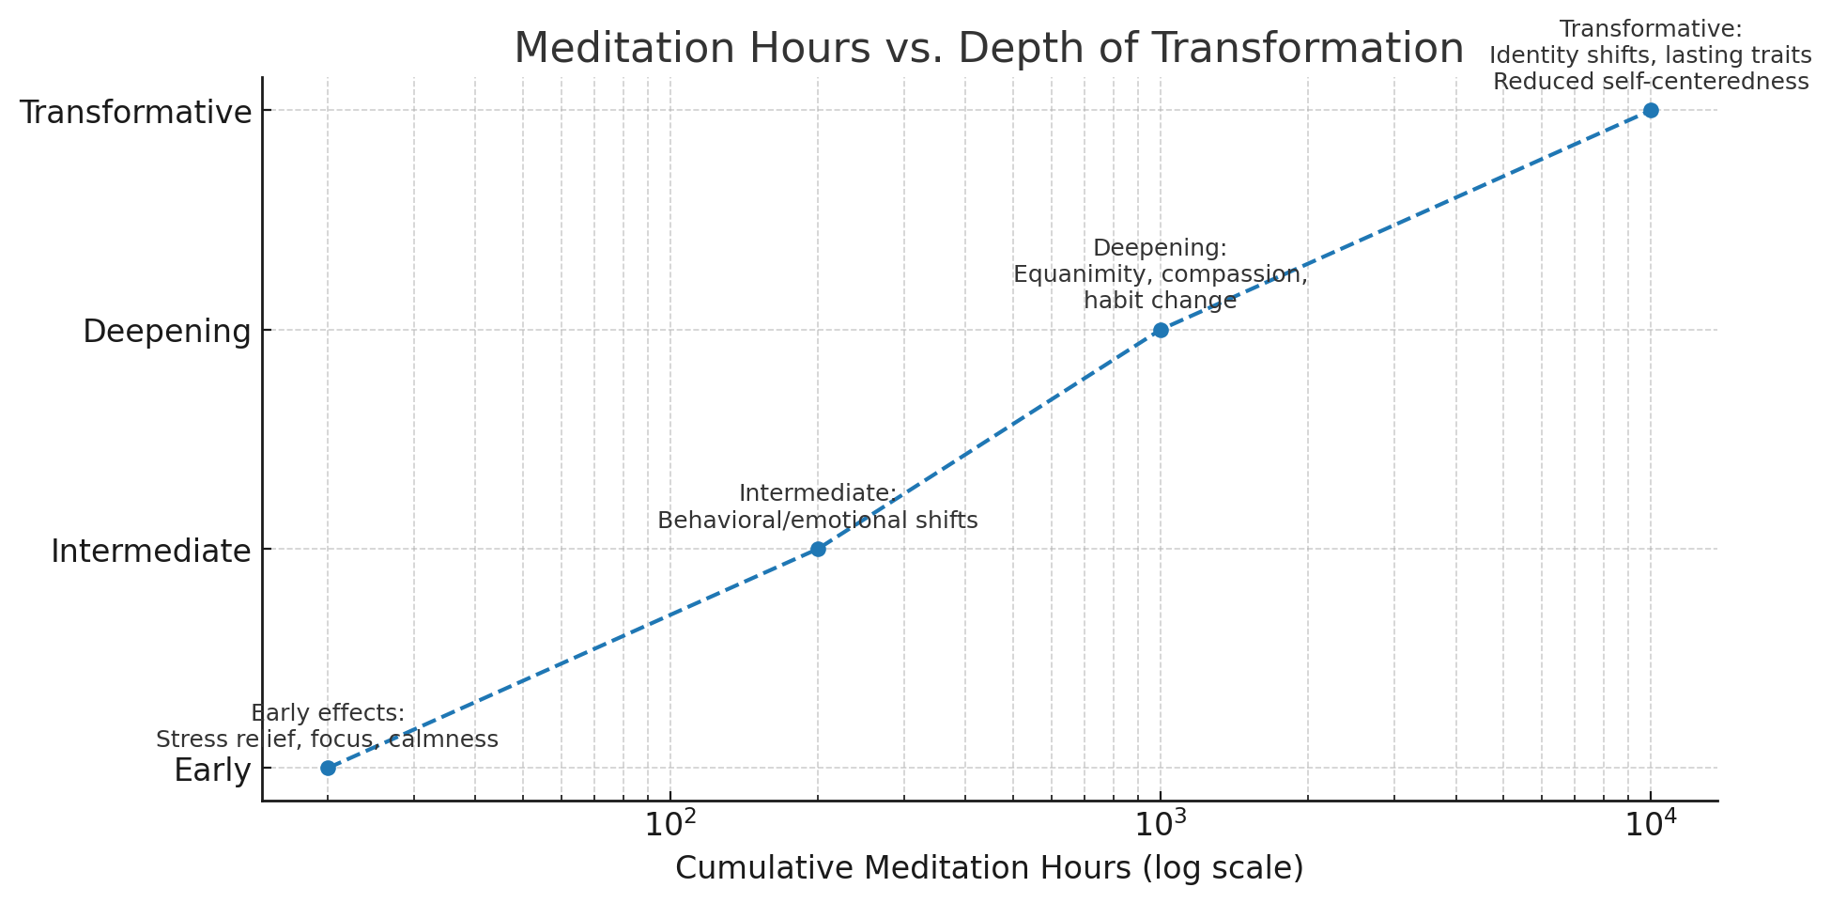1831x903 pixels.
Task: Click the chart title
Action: [x=988, y=49]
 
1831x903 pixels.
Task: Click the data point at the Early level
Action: [x=328, y=768]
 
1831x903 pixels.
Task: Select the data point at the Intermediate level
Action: [x=818, y=549]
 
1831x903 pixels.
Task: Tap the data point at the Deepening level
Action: [x=1161, y=330]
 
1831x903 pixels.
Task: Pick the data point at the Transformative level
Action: [x=1651, y=110]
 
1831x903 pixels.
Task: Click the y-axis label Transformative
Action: [x=136, y=112]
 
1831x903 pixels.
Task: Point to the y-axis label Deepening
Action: [x=167, y=332]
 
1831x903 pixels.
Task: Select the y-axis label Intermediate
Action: [x=151, y=551]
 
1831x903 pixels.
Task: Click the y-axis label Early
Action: [x=212, y=771]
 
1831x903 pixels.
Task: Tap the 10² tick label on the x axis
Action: [x=670, y=823]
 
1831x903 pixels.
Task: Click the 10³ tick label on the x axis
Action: [x=1161, y=823]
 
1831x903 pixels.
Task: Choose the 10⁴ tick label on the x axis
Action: [x=1651, y=823]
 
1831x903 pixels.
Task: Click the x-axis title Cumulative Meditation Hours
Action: [x=989, y=868]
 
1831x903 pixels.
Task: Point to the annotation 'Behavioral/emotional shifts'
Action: [x=817, y=521]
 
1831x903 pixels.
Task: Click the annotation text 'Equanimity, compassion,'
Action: [x=1161, y=275]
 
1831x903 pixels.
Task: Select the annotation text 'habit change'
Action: [x=1161, y=302]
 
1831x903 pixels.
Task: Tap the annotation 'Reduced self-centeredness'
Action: [x=1651, y=82]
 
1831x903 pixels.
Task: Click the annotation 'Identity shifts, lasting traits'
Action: [x=1651, y=55]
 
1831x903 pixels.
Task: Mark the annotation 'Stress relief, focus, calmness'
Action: [x=327, y=740]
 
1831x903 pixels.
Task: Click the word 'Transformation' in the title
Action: [x=1295, y=49]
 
